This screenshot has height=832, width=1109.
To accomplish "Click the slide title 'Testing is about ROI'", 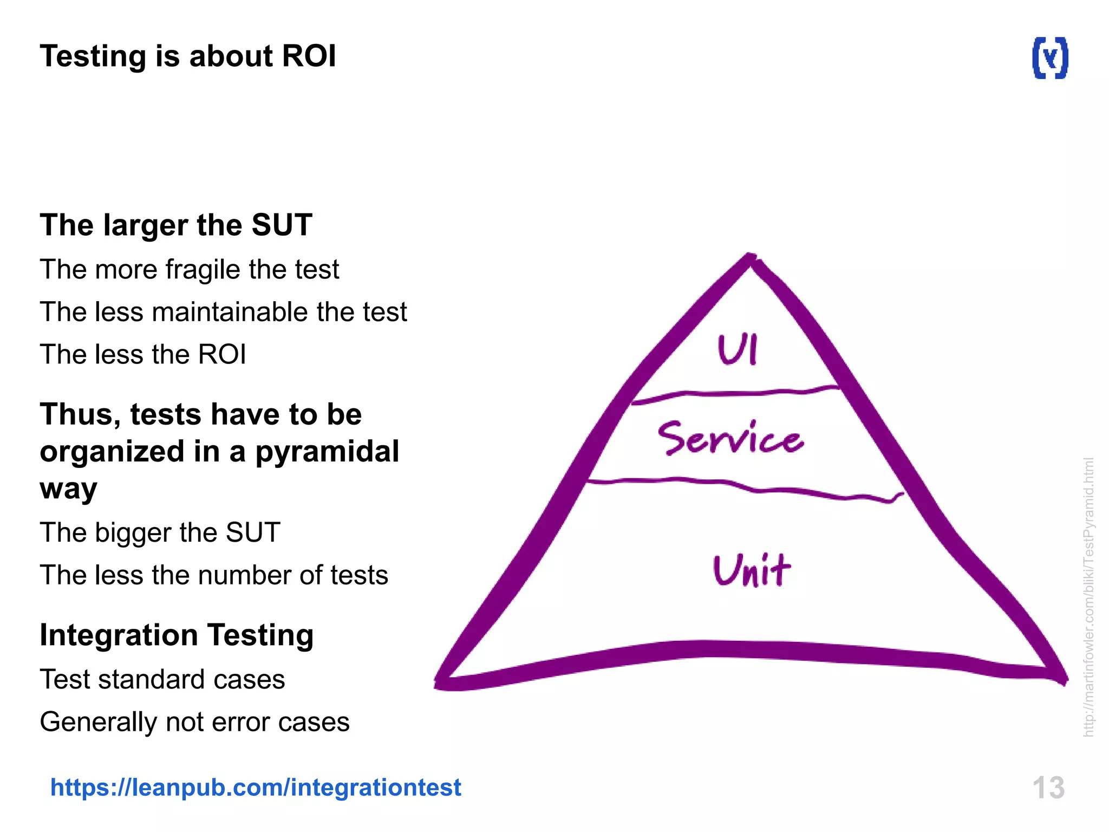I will (x=188, y=56).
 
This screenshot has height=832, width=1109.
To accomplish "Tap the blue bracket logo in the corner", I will (x=1050, y=58).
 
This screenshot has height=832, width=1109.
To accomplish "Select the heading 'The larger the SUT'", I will (x=176, y=225).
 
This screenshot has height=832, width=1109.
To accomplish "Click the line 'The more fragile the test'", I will (x=190, y=269).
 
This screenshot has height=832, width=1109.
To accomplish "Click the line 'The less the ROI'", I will (x=143, y=354).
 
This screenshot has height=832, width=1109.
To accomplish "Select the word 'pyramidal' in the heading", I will (x=327, y=451).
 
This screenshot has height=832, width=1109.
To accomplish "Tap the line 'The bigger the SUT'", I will (x=160, y=532).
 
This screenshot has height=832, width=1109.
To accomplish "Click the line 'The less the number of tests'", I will (x=214, y=575).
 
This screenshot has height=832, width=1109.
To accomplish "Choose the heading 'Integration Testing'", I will (x=177, y=635).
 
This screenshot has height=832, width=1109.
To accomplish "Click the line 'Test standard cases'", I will (x=162, y=679).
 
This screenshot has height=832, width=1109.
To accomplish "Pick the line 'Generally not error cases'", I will (x=195, y=722).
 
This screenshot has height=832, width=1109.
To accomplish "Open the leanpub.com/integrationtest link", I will (x=256, y=787).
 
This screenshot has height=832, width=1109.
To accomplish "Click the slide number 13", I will (x=1048, y=788).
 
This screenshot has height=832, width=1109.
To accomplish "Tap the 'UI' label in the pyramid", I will (x=738, y=350).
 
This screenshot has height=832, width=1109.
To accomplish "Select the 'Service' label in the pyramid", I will (x=730, y=438).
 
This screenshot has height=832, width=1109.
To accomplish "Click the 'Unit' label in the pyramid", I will (x=752, y=570).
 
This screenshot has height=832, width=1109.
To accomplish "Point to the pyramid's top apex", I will (x=750, y=258).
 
